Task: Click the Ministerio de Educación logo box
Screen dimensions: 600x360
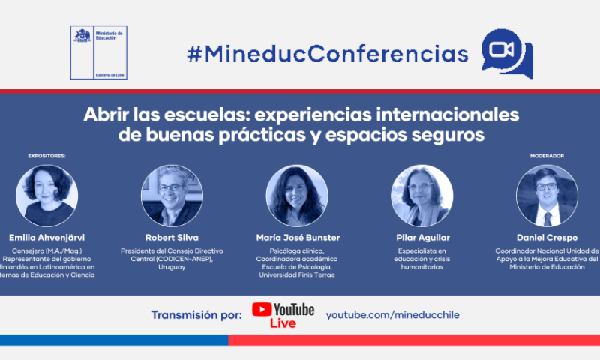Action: pyautogui.click(x=99, y=52)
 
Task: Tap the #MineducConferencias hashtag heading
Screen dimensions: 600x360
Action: pyautogui.click(x=328, y=54)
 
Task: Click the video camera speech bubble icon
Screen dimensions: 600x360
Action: pyautogui.click(x=507, y=53)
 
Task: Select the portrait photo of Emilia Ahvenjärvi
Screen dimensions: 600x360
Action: pyautogui.click(x=46, y=196)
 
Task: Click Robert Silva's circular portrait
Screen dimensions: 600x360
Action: pyautogui.click(x=172, y=196)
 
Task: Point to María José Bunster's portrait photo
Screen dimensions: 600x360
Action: pyautogui.click(x=297, y=196)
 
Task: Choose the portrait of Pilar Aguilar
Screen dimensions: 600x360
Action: pyautogui.click(x=422, y=196)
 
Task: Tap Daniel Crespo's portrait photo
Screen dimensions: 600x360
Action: pyautogui.click(x=547, y=196)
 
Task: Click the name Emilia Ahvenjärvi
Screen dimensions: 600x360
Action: pyautogui.click(x=46, y=238)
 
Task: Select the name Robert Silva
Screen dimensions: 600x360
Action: pyautogui.click(x=172, y=238)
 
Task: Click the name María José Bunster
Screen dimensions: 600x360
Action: pyautogui.click(x=298, y=238)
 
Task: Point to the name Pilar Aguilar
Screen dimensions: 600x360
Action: pyautogui.click(x=423, y=238)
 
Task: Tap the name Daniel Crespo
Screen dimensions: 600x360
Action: pyautogui.click(x=547, y=238)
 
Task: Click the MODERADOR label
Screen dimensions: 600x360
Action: pyautogui.click(x=547, y=156)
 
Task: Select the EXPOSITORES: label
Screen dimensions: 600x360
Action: pyautogui.click(x=46, y=156)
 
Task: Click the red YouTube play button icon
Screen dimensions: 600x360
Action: pyautogui.click(x=262, y=309)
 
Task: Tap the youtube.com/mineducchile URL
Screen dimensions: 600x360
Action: pyautogui.click(x=392, y=315)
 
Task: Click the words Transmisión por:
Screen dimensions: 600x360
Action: pyautogui.click(x=196, y=315)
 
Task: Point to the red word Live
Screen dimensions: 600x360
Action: pyautogui.click(x=283, y=323)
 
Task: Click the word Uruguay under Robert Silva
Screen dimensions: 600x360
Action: pyautogui.click(x=172, y=267)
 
